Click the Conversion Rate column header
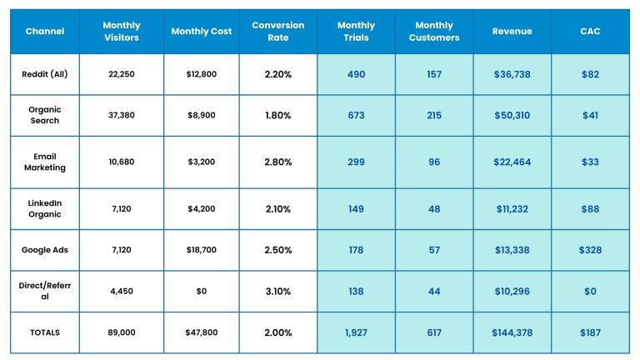(277, 32)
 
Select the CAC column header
(590, 32)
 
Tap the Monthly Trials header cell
(356, 32)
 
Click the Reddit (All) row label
(45, 74)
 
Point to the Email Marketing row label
(45, 162)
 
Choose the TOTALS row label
(45, 332)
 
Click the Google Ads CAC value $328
(590, 249)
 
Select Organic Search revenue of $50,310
(512, 116)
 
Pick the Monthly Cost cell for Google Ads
(201, 249)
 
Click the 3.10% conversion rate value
(277, 292)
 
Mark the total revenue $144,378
(512, 332)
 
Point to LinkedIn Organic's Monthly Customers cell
(434, 209)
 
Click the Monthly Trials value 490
(356, 74)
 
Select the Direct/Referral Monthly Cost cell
(201, 292)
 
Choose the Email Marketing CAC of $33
(590, 162)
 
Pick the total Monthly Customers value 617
(434, 332)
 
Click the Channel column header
(45, 32)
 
